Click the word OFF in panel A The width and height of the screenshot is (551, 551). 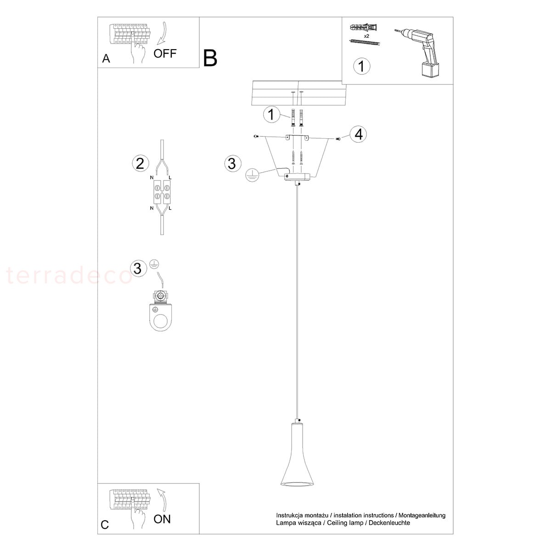165,53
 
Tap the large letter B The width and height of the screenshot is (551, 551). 210,58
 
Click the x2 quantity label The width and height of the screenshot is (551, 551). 366,36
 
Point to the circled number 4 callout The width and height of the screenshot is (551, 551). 358,134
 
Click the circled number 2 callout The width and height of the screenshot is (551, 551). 141,163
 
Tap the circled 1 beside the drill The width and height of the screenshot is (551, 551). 361,66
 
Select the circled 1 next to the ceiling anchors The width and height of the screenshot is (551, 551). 271,114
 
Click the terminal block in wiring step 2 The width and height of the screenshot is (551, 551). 162,192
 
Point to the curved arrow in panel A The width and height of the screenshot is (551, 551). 162,34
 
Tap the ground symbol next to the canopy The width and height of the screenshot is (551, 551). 252,174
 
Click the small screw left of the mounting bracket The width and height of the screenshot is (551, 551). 256,136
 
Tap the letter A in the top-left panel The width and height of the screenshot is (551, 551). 106,59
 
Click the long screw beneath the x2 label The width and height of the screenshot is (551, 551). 365,43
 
